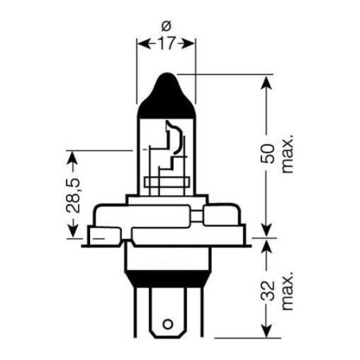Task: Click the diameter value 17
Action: pyautogui.click(x=166, y=43)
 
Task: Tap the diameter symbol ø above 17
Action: pyautogui.click(x=166, y=26)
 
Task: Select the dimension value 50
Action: pyautogui.click(x=268, y=154)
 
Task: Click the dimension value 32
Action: pyautogui.click(x=268, y=291)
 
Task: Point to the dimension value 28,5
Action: pyautogui.click(x=73, y=195)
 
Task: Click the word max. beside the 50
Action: pyautogui.click(x=288, y=154)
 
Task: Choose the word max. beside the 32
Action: pyautogui.click(x=288, y=291)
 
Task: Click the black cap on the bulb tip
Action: pyautogui.click(x=166, y=97)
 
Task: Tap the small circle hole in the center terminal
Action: pyautogui.click(x=168, y=324)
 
